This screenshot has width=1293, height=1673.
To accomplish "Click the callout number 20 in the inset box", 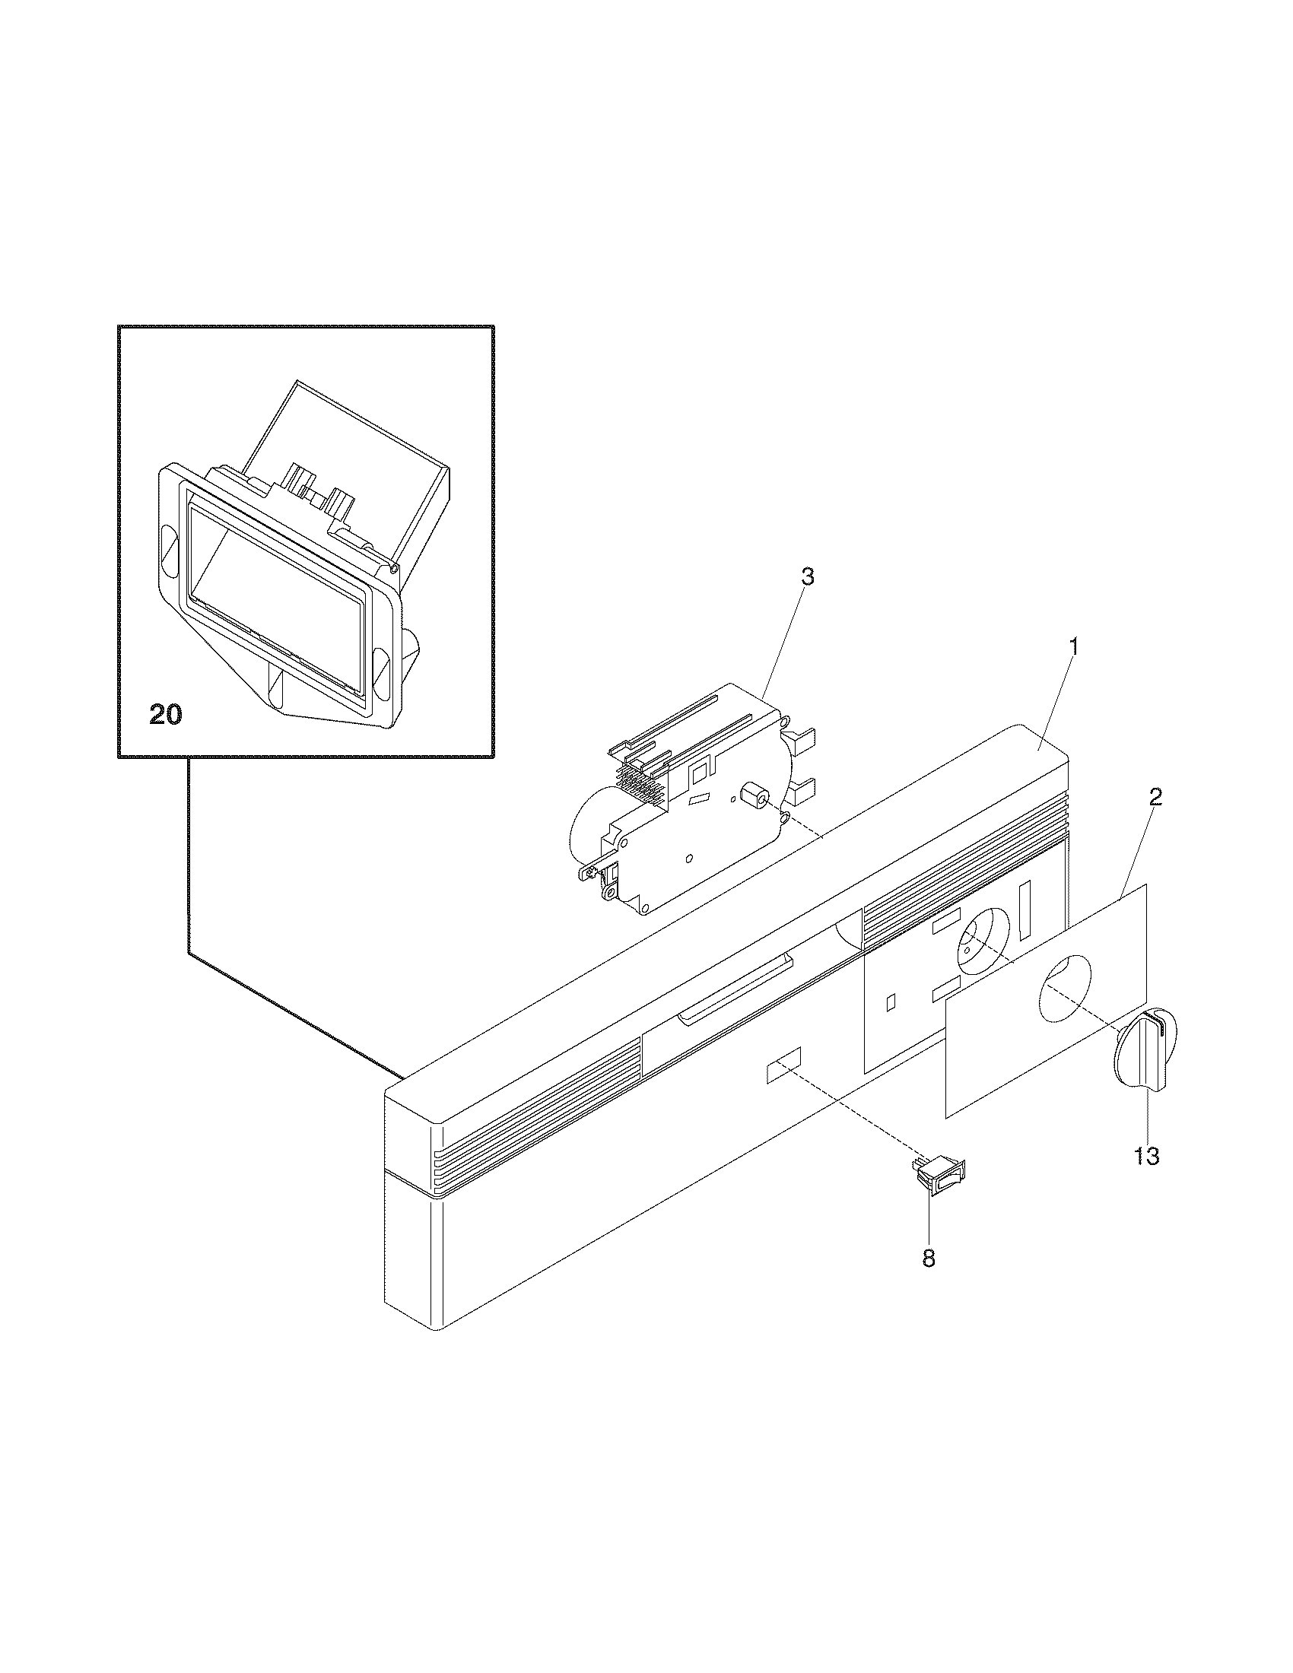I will [x=166, y=716].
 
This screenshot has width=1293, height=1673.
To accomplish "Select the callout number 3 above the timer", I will [x=806, y=578].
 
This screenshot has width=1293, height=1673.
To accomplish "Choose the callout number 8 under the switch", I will [x=929, y=1258].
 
